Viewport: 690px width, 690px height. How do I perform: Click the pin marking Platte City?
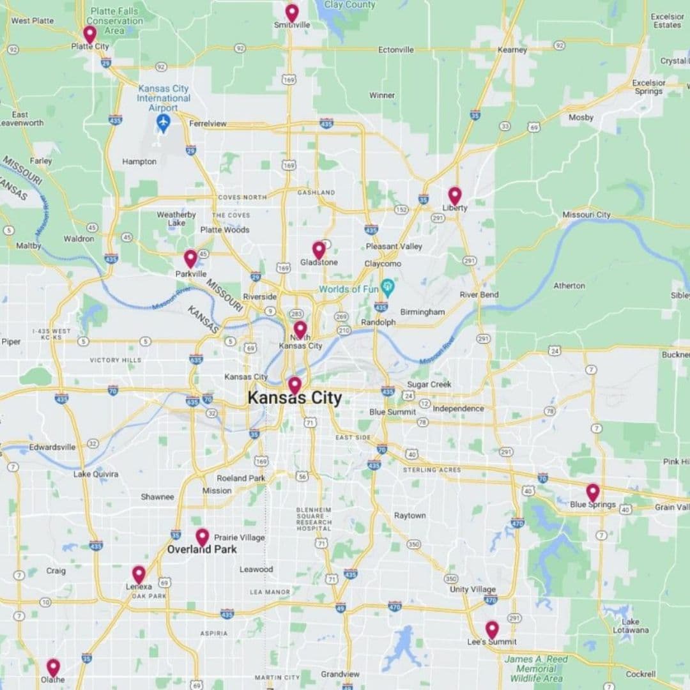pos(90,33)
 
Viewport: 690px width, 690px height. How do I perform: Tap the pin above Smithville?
pos(292,12)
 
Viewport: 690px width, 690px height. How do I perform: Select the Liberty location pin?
pos(454,195)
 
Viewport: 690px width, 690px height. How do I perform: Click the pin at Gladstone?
pos(319,250)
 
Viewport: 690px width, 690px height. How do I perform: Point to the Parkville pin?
pos(190,258)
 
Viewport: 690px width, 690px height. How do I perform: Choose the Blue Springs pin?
pos(593,492)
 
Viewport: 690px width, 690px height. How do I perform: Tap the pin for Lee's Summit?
pos(491,629)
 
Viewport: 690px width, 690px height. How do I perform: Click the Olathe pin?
pos(53,667)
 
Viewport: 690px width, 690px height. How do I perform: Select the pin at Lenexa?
pos(139,574)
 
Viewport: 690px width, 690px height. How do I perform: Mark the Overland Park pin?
pos(202,537)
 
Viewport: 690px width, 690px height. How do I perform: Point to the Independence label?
pos(458,408)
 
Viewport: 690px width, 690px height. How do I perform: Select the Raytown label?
pos(410,516)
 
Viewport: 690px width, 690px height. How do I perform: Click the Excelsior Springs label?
pos(648,87)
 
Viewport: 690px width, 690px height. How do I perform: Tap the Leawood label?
pos(256,569)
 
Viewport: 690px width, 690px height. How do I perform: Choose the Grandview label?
pos(340,674)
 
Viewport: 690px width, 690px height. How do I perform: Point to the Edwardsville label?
pos(52,447)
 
